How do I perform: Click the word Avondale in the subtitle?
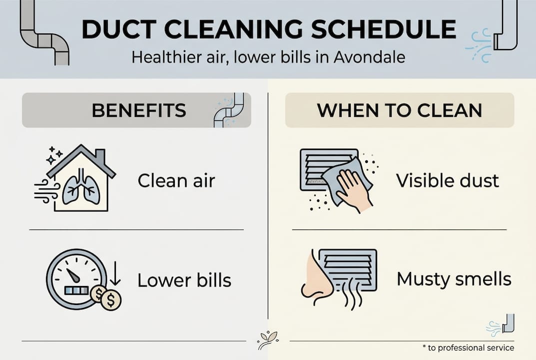[369, 57]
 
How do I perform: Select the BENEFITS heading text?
[139, 110]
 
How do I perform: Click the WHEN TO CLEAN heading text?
[400, 110]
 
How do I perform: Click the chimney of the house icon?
[100, 156]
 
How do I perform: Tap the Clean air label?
[176, 180]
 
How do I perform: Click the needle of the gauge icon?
[73, 275]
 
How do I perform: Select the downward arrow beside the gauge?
[115, 273]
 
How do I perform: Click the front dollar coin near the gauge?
[111, 300]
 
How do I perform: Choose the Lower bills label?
[185, 280]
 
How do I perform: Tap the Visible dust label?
[448, 180]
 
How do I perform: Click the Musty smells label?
[454, 278]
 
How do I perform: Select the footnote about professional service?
[469, 347]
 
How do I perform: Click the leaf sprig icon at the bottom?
[268, 340]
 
